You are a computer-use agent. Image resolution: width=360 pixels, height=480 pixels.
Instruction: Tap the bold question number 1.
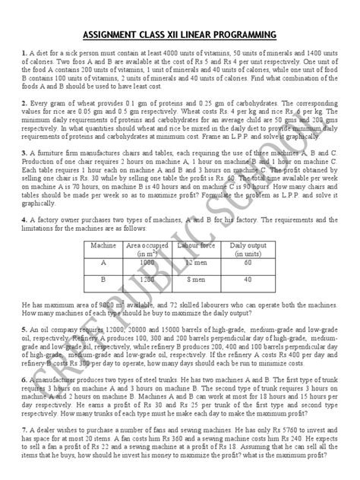click(25, 52)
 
